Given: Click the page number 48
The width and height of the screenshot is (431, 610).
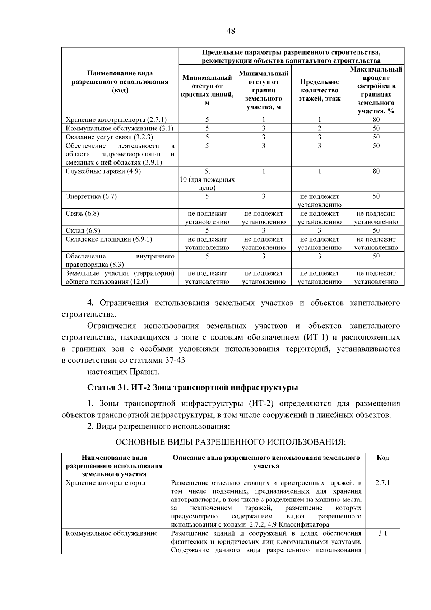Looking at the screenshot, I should (231, 31).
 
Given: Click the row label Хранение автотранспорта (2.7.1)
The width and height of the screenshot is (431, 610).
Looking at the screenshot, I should (116, 120).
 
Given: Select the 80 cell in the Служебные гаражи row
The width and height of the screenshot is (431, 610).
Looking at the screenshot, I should (376, 171).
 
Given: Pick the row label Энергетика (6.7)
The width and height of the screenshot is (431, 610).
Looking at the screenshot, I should (91, 197).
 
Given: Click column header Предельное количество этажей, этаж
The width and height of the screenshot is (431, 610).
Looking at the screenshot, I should (319, 90).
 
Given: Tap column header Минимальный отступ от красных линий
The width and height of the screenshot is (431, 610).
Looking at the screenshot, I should (207, 90).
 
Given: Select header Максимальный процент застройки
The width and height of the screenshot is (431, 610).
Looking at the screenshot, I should (376, 90).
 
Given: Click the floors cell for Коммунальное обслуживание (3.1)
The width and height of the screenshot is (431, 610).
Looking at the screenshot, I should (319, 128).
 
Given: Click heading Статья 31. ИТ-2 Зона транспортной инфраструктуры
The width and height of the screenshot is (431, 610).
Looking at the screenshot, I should (193, 388).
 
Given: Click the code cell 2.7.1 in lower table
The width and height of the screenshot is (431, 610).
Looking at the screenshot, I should (383, 483).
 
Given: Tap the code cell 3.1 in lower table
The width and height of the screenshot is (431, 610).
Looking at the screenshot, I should (383, 533).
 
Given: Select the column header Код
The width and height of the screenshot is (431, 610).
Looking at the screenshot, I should (383, 458).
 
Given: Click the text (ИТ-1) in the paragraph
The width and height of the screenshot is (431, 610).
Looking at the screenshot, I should (315, 338).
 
